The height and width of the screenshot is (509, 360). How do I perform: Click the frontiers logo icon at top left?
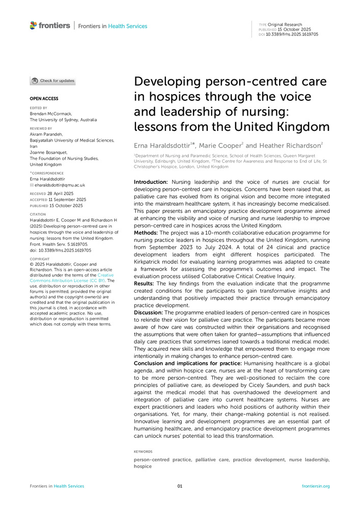(34, 25)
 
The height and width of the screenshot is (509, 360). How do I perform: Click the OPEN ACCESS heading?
(44, 98)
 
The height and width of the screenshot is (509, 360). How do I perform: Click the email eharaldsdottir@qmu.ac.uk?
(60, 185)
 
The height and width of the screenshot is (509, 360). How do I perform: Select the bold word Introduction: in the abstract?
(151, 182)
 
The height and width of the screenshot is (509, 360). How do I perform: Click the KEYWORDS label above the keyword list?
(143, 451)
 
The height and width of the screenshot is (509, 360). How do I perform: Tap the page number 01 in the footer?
(180, 486)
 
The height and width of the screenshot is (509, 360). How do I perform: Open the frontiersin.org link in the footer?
(316, 486)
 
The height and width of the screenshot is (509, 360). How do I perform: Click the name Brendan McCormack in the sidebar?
(51, 114)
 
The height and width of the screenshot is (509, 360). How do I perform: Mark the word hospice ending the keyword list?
(143, 466)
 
